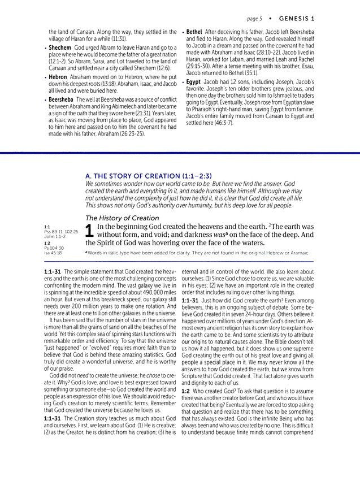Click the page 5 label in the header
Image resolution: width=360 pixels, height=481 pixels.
coord(249,19)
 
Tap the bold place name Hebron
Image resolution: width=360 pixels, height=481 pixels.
coord(59,74)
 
